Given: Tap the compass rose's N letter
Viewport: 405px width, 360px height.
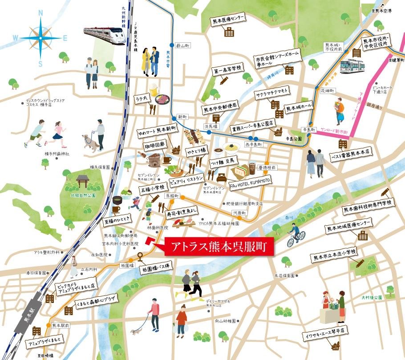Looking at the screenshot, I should tap(40, 13).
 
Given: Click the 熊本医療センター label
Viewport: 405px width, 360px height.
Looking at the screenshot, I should tap(227, 19).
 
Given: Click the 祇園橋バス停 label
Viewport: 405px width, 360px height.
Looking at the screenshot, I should tap(158, 269).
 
